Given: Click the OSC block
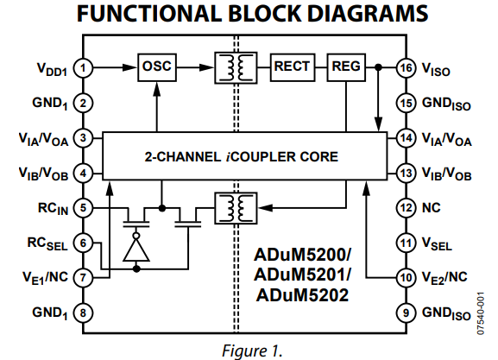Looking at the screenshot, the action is (x=157, y=67).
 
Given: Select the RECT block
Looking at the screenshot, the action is (x=293, y=67).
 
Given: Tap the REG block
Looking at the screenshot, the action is (x=346, y=67).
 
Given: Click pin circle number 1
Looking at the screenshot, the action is (x=83, y=68).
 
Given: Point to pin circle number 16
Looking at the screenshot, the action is (x=407, y=68).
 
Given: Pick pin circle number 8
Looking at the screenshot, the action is (x=83, y=313).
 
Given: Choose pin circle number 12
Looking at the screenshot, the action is (x=407, y=208).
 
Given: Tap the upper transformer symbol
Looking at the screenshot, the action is (x=236, y=68).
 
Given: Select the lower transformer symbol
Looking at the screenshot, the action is (x=236, y=208).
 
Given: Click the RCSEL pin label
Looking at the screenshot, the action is (x=47, y=243).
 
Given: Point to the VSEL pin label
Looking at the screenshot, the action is (x=437, y=243).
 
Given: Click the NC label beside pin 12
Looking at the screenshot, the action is (x=431, y=208).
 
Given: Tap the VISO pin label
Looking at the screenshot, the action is (x=436, y=69).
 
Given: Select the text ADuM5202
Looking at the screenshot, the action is (x=302, y=295).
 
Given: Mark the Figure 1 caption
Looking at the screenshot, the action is (x=252, y=351).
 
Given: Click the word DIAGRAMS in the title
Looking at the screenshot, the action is (x=368, y=13).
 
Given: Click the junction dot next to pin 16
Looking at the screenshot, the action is (x=378, y=67).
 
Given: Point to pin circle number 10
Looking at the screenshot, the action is (x=407, y=278).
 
